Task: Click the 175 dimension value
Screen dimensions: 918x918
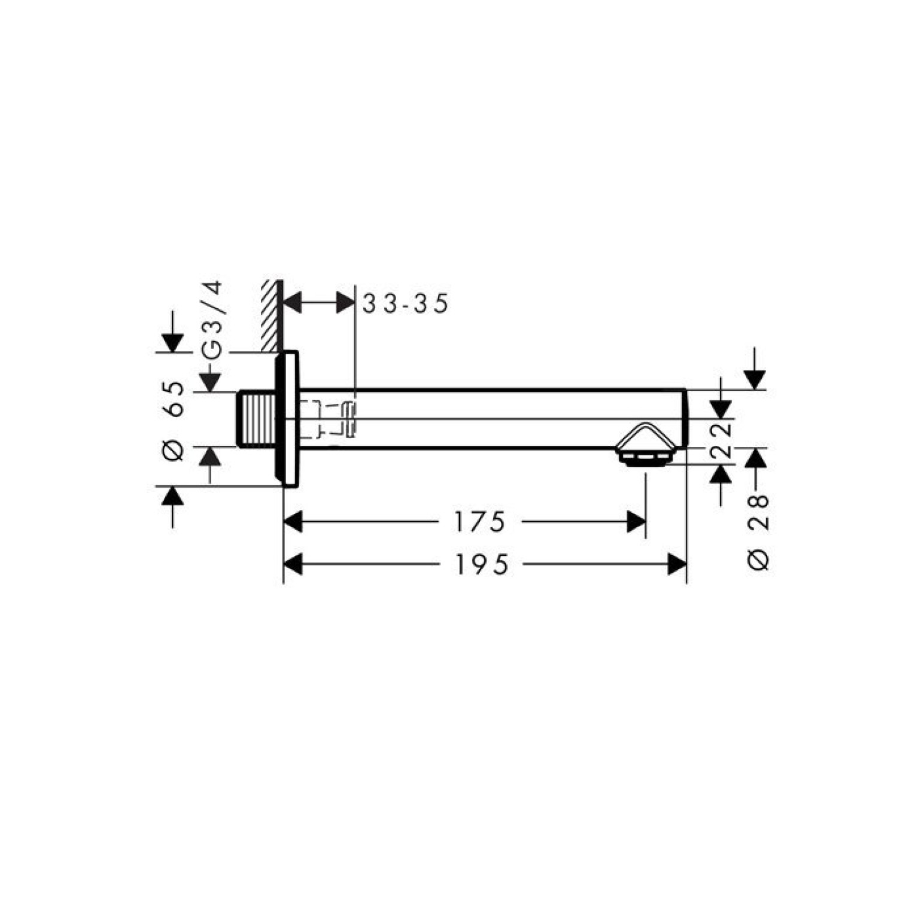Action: pyautogui.click(x=479, y=522)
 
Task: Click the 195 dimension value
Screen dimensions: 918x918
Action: pyautogui.click(x=482, y=564)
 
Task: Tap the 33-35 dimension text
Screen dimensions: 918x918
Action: pyautogui.click(x=405, y=304)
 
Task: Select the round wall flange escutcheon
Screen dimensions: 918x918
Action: pyautogui.click(x=287, y=419)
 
